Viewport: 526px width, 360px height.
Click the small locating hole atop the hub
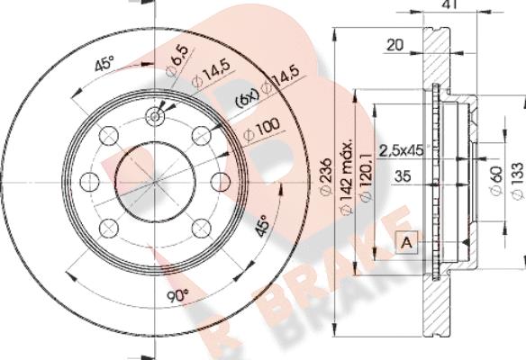click(155, 115)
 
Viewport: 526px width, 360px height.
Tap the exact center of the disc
click(155, 181)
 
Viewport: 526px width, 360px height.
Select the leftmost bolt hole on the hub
click(88, 181)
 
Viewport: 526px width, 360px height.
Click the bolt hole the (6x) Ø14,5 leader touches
click(201, 136)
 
